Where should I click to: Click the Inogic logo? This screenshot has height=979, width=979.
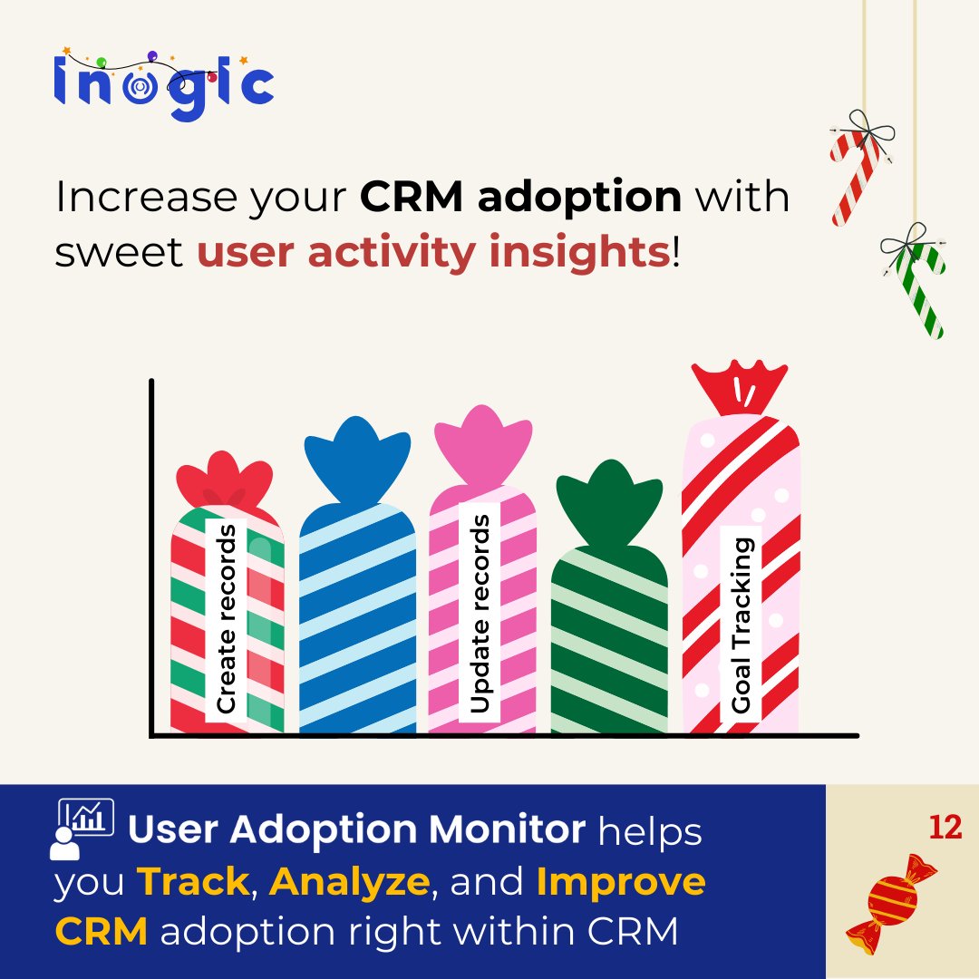pos(163,84)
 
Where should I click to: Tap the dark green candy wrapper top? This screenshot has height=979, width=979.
pos(607,504)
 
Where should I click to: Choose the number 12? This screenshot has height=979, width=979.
pos(945,828)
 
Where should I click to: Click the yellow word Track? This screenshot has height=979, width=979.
pos(191,882)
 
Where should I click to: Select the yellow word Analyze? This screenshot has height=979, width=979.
pos(349,883)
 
